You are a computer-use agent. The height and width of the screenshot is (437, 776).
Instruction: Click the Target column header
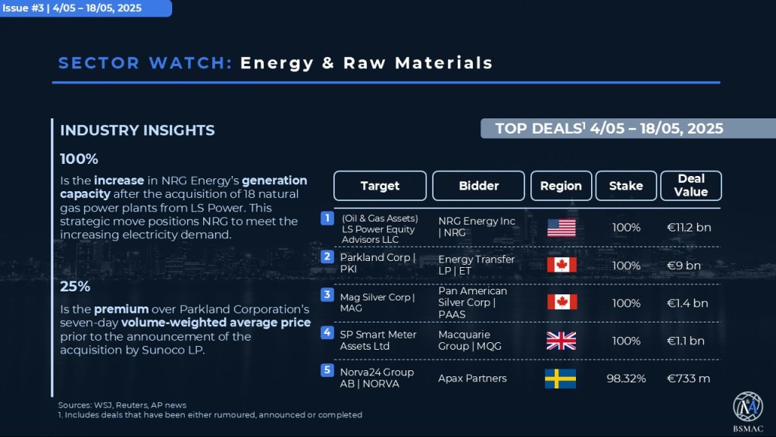point(380,186)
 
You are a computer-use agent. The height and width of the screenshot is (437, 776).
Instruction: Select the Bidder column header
point(478,186)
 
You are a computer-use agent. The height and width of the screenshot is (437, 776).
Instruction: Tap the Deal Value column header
point(691,186)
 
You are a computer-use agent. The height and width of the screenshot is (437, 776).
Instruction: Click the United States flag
point(562,228)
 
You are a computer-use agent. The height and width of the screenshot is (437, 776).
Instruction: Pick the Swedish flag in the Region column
point(560,379)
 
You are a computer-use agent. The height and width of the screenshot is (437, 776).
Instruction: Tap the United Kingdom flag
point(562,341)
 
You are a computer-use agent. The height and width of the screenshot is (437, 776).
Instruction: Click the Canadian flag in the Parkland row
point(562,265)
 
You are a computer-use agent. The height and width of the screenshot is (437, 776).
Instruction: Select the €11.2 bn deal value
point(688,228)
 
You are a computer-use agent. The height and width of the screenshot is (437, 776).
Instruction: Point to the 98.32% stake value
point(626,379)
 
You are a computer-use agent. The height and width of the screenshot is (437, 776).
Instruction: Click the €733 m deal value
point(688,379)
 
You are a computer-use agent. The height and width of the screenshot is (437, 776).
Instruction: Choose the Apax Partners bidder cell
point(472,378)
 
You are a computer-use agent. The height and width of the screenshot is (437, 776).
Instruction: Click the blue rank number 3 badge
point(327,295)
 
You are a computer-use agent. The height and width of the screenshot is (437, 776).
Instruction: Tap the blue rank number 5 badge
point(327,370)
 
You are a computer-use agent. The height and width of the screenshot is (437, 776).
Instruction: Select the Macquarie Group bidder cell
point(470,341)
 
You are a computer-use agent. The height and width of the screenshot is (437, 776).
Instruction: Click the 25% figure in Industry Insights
point(75,286)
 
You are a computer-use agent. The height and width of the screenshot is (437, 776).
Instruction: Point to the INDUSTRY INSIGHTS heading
point(137,130)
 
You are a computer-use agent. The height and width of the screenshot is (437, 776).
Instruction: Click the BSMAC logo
point(748,411)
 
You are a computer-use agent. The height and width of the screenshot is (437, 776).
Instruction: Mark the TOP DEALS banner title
point(609,128)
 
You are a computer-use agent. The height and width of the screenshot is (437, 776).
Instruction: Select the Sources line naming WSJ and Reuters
point(122,405)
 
